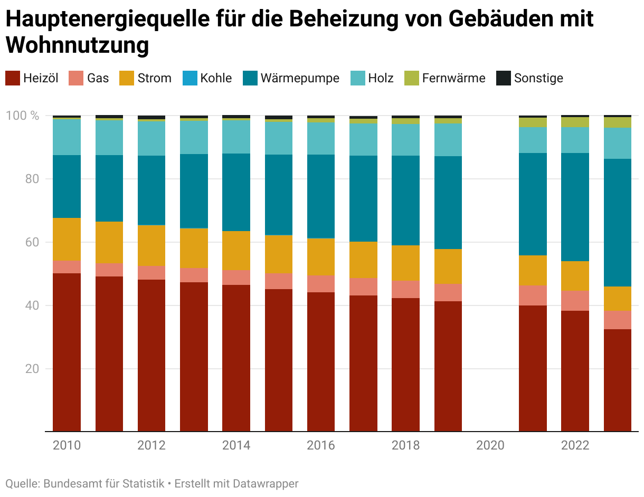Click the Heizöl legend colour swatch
[13, 78]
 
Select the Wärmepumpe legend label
[300, 78]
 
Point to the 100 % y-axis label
[23, 116]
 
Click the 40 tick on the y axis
[32, 305]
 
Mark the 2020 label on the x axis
[490, 445]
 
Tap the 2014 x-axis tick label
[236, 445]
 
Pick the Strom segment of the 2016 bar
[321, 256]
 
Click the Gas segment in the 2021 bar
[533, 295]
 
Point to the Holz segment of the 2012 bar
[151, 138]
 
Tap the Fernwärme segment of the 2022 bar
[575, 122]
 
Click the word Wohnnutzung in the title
[78, 45]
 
